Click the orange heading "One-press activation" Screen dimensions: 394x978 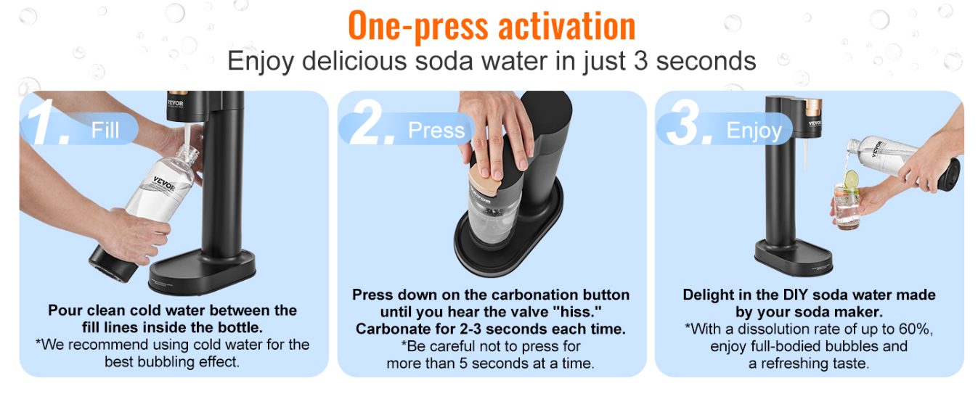(492, 25)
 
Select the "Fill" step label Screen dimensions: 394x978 (105, 130)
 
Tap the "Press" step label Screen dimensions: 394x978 (436, 130)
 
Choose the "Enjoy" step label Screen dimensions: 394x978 (754, 131)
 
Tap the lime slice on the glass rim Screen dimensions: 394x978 (850, 179)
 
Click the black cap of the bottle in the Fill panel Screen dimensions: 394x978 (113, 263)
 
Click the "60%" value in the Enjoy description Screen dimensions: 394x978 (916, 329)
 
